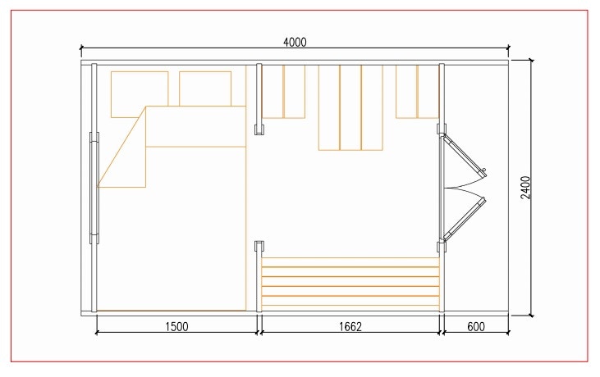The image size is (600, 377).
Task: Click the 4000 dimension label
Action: point(295,42)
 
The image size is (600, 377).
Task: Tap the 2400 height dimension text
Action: point(526,187)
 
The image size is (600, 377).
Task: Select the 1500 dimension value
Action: point(176,326)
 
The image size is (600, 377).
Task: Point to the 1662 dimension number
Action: point(350,326)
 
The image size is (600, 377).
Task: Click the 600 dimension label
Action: point(476,326)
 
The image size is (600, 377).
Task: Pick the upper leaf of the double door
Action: point(463,155)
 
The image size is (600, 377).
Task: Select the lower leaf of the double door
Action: point(464,219)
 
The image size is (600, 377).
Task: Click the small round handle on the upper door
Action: point(483,170)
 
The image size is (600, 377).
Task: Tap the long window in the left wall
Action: point(94,188)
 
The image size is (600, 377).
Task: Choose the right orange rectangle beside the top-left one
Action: point(205,89)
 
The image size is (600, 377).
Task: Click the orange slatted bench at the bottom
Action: point(350,282)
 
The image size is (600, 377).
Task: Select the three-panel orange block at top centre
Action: point(350,107)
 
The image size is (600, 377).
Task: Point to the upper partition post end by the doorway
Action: point(259,129)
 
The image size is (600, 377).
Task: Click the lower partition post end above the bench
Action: point(259,247)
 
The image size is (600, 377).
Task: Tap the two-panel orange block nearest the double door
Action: point(417,91)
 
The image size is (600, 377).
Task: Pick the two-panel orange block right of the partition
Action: point(283,91)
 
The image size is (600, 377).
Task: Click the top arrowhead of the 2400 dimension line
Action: point(531,61)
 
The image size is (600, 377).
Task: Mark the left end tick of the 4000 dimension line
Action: point(81,48)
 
